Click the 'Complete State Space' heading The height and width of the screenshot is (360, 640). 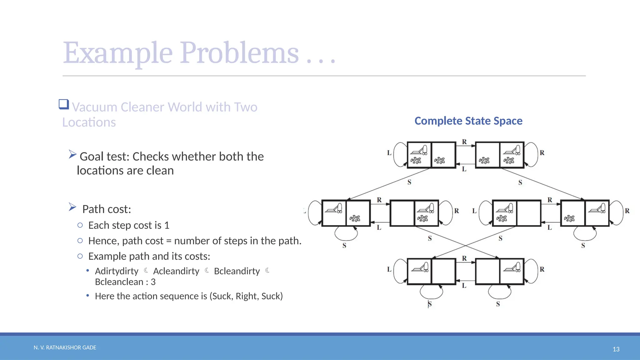point(468,121)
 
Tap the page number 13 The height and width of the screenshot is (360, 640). point(616,349)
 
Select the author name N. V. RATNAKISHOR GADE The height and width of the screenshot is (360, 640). point(65,347)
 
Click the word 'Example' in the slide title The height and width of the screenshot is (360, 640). point(117,53)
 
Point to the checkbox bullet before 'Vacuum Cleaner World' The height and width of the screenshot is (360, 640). point(64,104)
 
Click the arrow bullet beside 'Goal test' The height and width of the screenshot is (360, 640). point(72,154)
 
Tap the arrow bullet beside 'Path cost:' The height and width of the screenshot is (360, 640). point(72,207)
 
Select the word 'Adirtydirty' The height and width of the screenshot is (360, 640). point(117,271)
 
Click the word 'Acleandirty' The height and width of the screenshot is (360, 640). point(176,271)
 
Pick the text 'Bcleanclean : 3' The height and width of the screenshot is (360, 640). point(125,282)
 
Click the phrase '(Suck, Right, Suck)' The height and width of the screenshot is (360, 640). point(246,296)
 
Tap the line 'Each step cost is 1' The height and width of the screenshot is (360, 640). point(129,225)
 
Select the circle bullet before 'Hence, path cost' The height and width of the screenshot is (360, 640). point(80,241)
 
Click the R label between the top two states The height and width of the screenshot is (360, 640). point(464,142)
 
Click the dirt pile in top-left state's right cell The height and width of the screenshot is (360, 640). point(440,161)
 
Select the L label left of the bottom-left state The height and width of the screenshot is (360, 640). point(389,269)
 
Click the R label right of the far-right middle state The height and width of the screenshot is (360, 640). point(627,211)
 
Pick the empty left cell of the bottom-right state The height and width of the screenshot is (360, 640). point(487,271)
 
